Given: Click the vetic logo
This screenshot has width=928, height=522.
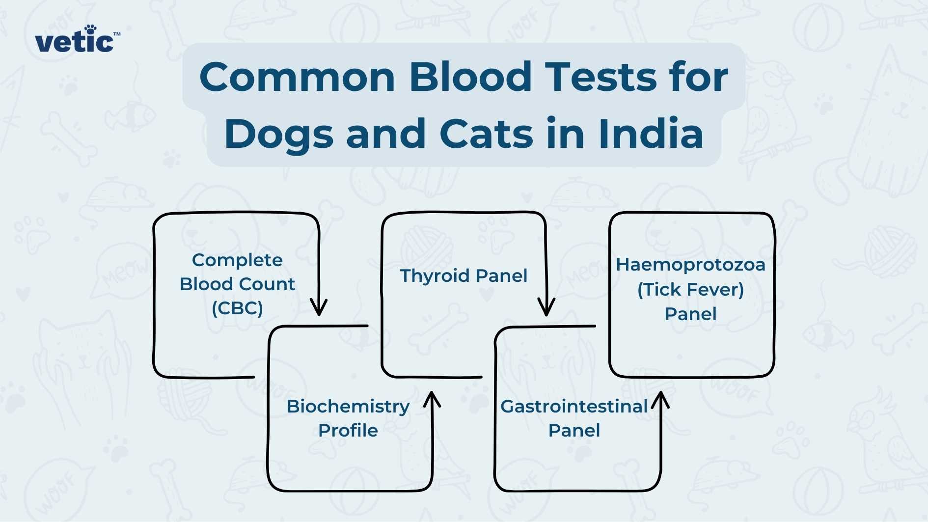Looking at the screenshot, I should pyautogui.click(x=76, y=41).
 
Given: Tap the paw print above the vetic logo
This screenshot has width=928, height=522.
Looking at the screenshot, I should pyautogui.click(x=90, y=29).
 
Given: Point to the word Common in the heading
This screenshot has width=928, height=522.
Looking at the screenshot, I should pyautogui.click(x=297, y=77).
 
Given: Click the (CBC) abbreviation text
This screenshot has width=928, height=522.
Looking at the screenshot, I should pyautogui.click(x=237, y=308).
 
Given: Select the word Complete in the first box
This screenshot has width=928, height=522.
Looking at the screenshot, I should pyautogui.click(x=237, y=260).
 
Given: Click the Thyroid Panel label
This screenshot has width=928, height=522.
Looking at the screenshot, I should pyautogui.click(x=464, y=275).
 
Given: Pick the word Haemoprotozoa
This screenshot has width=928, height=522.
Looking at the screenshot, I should pyautogui.click(x=690, y=265).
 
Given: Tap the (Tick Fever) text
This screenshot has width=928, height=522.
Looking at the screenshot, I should pyautogui.click(x=690, y=289).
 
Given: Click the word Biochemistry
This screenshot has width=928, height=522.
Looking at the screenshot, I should pyautogui.click(x=348, y=406).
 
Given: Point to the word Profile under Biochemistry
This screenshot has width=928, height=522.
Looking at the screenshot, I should pyautogui.click(x=348, y=431).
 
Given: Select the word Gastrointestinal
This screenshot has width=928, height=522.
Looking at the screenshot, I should pyautogui.click(x=574, y=406).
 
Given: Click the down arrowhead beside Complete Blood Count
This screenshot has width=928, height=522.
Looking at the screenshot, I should pyautogui.click(x=319, y=308).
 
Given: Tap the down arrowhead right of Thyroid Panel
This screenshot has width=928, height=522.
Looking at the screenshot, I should pyautogui.click(x=546, y=308).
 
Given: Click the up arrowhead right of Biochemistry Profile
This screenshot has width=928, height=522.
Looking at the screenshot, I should pyautogui.click(x=432, y=399).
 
